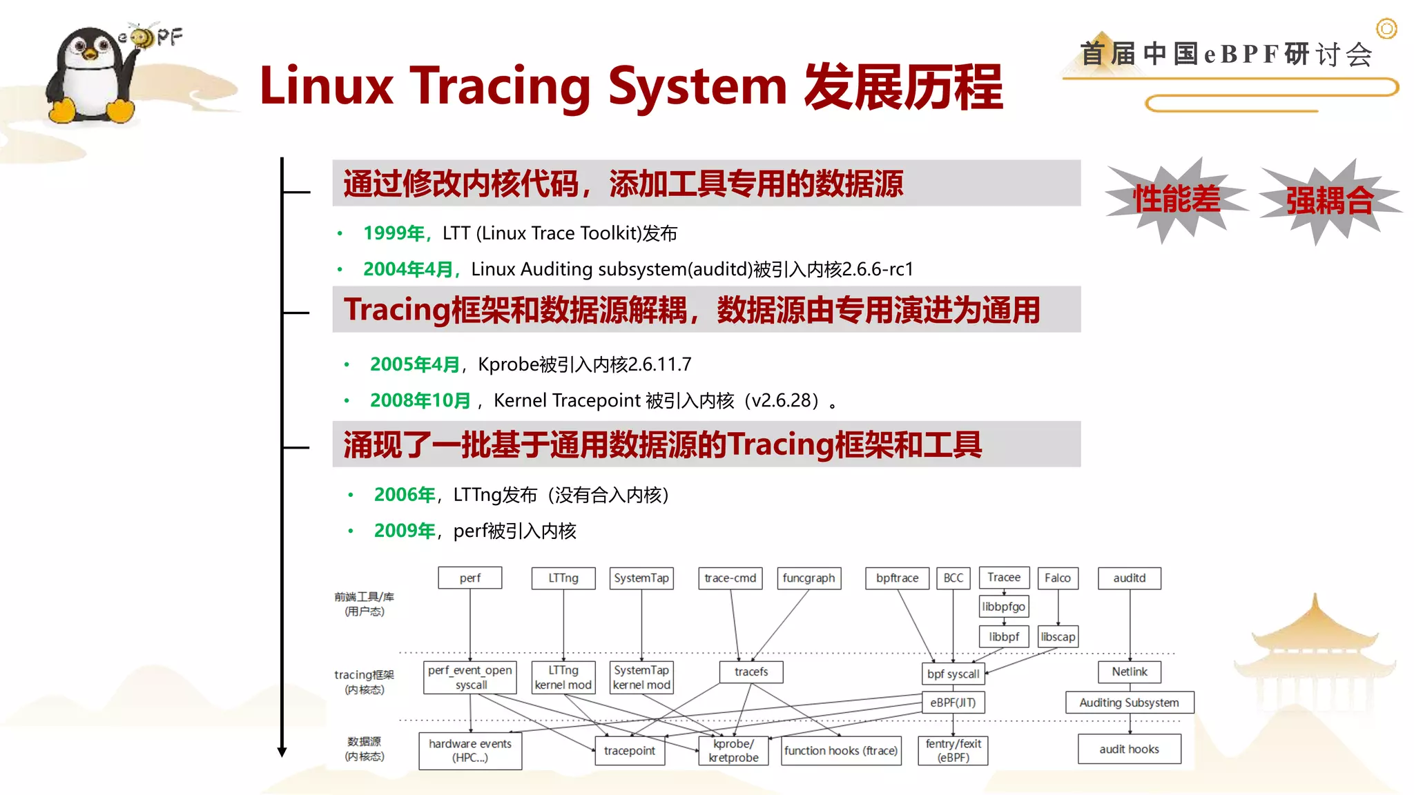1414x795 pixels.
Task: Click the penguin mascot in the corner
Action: (90, 76)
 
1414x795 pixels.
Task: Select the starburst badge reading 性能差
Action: (1176, 199)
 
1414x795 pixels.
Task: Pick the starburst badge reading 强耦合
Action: (1329, 201)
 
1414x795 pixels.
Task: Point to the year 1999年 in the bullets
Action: (394, 233)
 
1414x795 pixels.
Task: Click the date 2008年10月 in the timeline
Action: (420, 400)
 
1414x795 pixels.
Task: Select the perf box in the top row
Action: (469, 578)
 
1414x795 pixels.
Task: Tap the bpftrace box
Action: (897, 578)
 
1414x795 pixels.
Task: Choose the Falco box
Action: (1057, 578)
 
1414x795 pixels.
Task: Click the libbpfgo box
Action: (1003, 607)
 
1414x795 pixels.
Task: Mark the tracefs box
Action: (750, 671)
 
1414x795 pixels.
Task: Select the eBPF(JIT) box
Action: (953, 703)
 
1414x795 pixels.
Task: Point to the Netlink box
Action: (1129, 671)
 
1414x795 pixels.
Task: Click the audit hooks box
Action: (1129, 749)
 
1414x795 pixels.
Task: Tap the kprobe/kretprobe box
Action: (733, 750)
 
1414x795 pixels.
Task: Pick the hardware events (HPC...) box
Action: (470, 750)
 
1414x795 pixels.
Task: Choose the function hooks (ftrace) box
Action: (841, 750)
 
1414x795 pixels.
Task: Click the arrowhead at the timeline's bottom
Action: (282, 752)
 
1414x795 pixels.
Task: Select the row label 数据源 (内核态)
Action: (364, 749)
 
